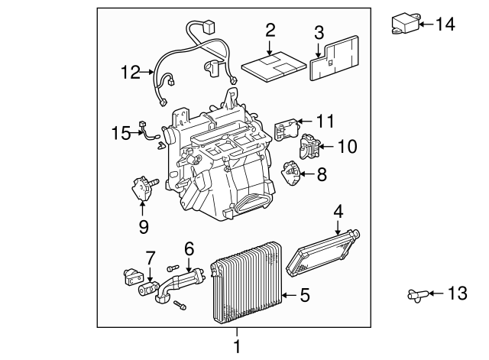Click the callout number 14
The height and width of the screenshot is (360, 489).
pos(445,24)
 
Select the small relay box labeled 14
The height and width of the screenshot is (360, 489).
pos(406,24)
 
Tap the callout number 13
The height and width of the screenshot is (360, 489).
pos(455,293)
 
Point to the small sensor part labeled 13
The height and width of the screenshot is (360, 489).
pos(415,293)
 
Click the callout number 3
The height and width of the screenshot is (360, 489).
pos(319,32)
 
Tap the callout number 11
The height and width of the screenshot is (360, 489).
pos(325,121)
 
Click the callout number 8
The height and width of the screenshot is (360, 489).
pos(322,175)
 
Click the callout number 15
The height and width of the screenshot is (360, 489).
pos(121,134)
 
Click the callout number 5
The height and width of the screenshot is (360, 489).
pos(305,294)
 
